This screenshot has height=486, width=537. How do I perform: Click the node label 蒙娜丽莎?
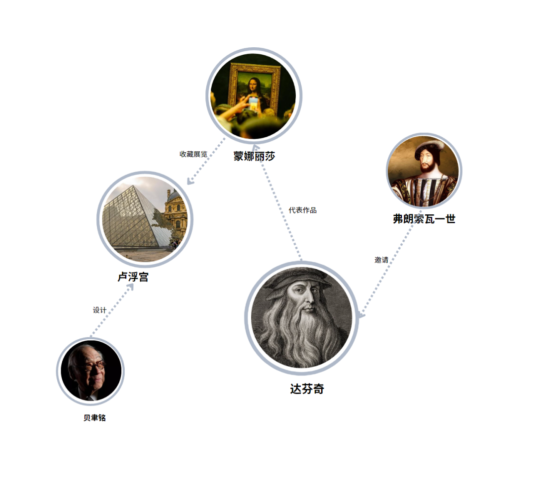pyautogui.click(x=254, y=156)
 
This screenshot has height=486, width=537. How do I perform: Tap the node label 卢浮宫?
pyautogui.click(x=133, y=277)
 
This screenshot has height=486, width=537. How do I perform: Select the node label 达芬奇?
pyautogui.click(x=307, y=389)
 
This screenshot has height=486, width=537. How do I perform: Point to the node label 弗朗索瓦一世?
pyautogui.click(x=424, y=219)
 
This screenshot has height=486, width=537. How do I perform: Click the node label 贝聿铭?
pyautogui.click(x=94, y=418)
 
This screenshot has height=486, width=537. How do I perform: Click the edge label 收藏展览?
pyautogui.click(x=193, y=154)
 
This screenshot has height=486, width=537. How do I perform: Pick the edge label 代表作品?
pyautogui.click(x=302, y=210)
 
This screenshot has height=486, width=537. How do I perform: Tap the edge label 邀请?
pyautogui.click(x=381, y=260)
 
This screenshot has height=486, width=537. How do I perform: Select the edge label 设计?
pyautogui.click(x=99, y=310)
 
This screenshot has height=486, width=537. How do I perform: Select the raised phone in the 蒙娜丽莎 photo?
pyautogui.click(x=253, y=103)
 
